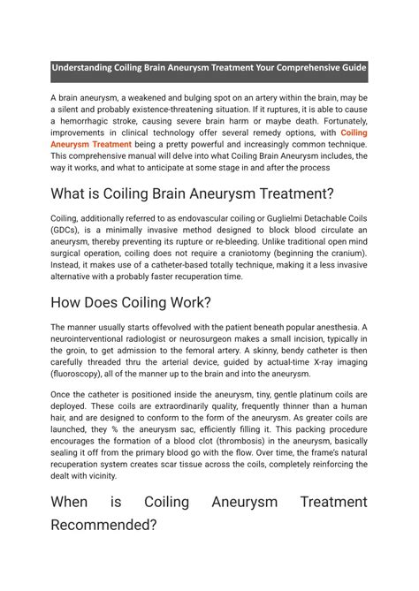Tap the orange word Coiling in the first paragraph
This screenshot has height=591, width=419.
click(x=354, y=133)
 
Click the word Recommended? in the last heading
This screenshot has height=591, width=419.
click(x=103, y=524)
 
